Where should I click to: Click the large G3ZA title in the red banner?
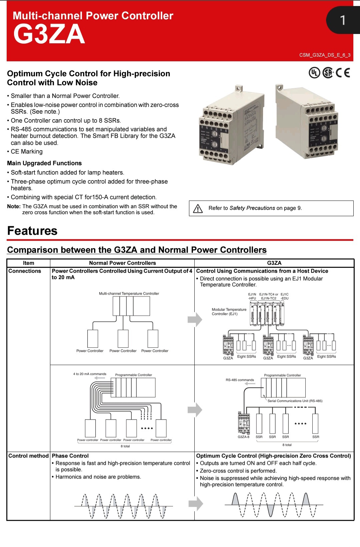[49, 34]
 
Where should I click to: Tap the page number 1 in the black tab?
[342, 20]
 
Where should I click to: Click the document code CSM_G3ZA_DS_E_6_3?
[325, 55]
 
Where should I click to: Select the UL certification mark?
[314, 73]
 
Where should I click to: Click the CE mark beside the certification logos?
[343, 73]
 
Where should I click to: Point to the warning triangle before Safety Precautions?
[198, 209]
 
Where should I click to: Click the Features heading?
[32, 231]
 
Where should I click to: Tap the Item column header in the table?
[29, 263]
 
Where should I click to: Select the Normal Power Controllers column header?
[122, 263]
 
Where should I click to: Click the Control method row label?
[29, 456]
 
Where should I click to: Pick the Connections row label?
[25, 271]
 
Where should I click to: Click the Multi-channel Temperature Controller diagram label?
[129, 293]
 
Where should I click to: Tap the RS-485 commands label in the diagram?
[240, 380]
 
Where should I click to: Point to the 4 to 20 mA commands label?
[90, 374]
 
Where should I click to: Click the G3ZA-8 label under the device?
[243, 437]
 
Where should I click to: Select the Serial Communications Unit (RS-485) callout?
[295, 401]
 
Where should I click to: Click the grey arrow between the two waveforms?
[196, 503]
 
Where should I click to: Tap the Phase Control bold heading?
[70, 456]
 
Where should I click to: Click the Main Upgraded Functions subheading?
[44, 163]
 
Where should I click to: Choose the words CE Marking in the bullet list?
[27, 152]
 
